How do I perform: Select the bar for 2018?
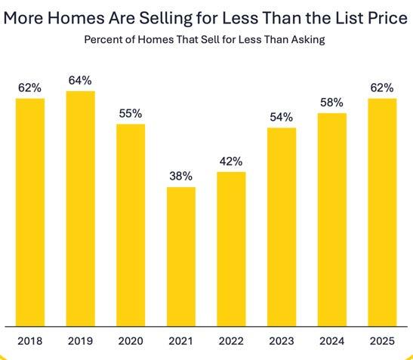[30, 213]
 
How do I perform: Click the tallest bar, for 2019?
[80, 209]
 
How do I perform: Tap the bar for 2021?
[181, 257]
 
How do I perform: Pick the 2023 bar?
[282, 227]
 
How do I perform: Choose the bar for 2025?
[382, 213]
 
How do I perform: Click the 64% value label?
[80, 80]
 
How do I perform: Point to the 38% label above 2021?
[180, 176]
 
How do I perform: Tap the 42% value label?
[231, 162]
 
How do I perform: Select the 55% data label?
[131, 113]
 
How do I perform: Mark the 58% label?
[331, 102]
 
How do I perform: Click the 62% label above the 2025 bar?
[382, 88]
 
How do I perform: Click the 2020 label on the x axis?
[131, 341]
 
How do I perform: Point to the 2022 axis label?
[231, 341]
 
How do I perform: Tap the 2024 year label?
[331, 341]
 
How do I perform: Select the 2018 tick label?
[29, 341]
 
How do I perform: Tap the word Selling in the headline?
[165, 19]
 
